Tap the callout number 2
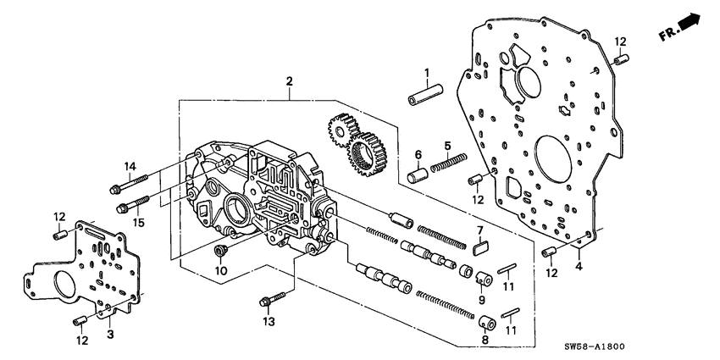pos(290,81)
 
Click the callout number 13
pos(269,322)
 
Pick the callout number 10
pos(221,270)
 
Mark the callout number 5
pos(446,134)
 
